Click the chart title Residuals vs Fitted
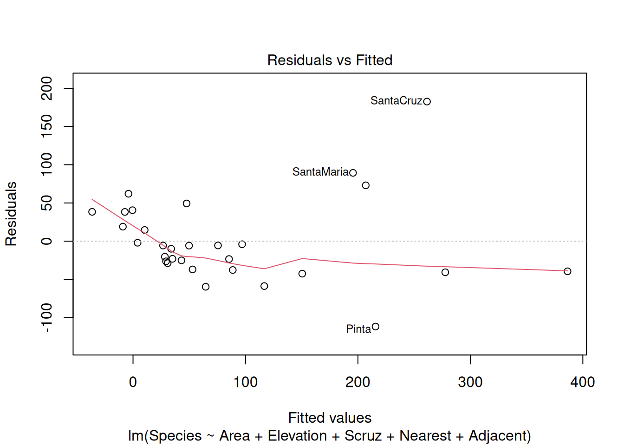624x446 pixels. [330, 60]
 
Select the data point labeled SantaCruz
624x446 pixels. [427, 101]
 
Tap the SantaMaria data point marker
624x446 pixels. [353, 173]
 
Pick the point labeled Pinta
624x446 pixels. [376, 327]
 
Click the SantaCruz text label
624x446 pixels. [396, 101]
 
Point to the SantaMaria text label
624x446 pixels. [320, 172]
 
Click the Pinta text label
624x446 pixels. [358, 329]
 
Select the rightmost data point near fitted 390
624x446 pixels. [567, 271]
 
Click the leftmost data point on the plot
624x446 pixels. [92, 212]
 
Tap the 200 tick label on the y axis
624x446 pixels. [47, 88]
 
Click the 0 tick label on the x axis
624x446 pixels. [133, 382]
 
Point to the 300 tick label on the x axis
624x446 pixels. [470, 382]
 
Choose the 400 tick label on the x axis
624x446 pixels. [582, 382]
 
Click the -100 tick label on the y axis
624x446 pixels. [47, 318]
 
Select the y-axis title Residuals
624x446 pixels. [11, 214]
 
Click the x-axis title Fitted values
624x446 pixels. [330, 418]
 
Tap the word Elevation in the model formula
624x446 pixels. [297, 436]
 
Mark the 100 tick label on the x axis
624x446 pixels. [245, 382]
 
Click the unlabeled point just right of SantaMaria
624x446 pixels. [365, 185]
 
